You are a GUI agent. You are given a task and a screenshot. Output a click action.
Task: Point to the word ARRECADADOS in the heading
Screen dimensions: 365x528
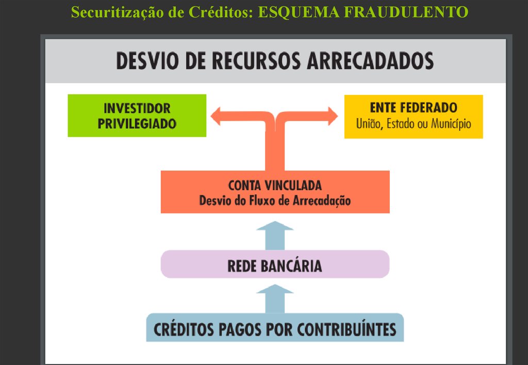pyautogui.click(x=370, y=61)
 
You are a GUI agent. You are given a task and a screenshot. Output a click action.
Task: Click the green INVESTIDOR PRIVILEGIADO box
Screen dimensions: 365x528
pyautogui.click(x=137, y=115)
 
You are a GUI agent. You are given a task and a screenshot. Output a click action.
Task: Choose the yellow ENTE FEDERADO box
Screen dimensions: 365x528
pyautogui.click(x=413, y=116)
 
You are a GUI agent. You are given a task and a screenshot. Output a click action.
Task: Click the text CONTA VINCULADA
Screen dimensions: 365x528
pyautogui.click(x=275, y=185)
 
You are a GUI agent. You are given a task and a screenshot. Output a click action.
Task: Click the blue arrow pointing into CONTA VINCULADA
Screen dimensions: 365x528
pyautogui.click(x=275, y=235)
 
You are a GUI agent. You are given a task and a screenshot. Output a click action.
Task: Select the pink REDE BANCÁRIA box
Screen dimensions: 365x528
pyautogui.click(x=275, y=264)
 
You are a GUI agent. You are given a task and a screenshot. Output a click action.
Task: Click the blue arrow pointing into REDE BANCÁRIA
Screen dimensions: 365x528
pyautogui.click(x=275, y=298)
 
